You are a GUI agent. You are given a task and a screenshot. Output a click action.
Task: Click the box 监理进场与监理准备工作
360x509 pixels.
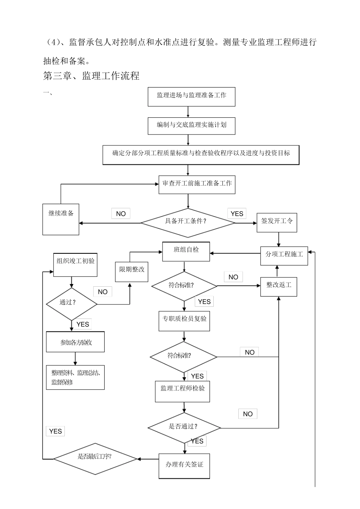191,97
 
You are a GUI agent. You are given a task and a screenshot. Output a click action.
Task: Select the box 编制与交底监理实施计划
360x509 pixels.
191,126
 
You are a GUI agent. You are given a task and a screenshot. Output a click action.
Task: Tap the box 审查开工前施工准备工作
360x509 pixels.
197,184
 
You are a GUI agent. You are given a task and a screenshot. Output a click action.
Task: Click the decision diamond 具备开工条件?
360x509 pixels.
188,223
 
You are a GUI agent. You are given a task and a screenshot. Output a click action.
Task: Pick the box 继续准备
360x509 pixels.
61,219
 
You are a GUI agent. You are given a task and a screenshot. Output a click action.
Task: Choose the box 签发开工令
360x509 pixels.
277,222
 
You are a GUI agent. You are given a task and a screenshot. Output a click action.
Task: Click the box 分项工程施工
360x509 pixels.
284,256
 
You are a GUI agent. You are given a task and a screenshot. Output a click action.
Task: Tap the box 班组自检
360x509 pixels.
186,251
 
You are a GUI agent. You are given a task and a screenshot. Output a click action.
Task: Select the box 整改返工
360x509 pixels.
279,287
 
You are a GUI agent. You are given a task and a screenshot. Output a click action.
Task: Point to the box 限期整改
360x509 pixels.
131,271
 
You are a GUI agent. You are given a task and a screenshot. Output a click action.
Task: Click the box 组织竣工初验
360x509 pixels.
75,265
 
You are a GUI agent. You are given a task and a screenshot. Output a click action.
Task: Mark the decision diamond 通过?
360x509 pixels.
71,304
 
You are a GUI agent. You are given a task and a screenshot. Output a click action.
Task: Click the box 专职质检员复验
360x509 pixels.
184,321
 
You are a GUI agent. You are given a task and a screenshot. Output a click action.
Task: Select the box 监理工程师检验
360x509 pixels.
182,391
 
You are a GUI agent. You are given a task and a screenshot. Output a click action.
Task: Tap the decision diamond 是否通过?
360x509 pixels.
184,428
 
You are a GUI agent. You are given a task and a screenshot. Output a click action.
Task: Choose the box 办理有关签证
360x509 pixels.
184,466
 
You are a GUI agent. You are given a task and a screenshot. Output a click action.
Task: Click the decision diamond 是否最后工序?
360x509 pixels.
95,459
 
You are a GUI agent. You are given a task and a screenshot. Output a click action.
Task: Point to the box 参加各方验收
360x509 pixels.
75,342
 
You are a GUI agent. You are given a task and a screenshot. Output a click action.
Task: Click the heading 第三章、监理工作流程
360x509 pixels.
91,76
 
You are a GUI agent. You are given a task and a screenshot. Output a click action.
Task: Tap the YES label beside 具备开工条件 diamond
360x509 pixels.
237,214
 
